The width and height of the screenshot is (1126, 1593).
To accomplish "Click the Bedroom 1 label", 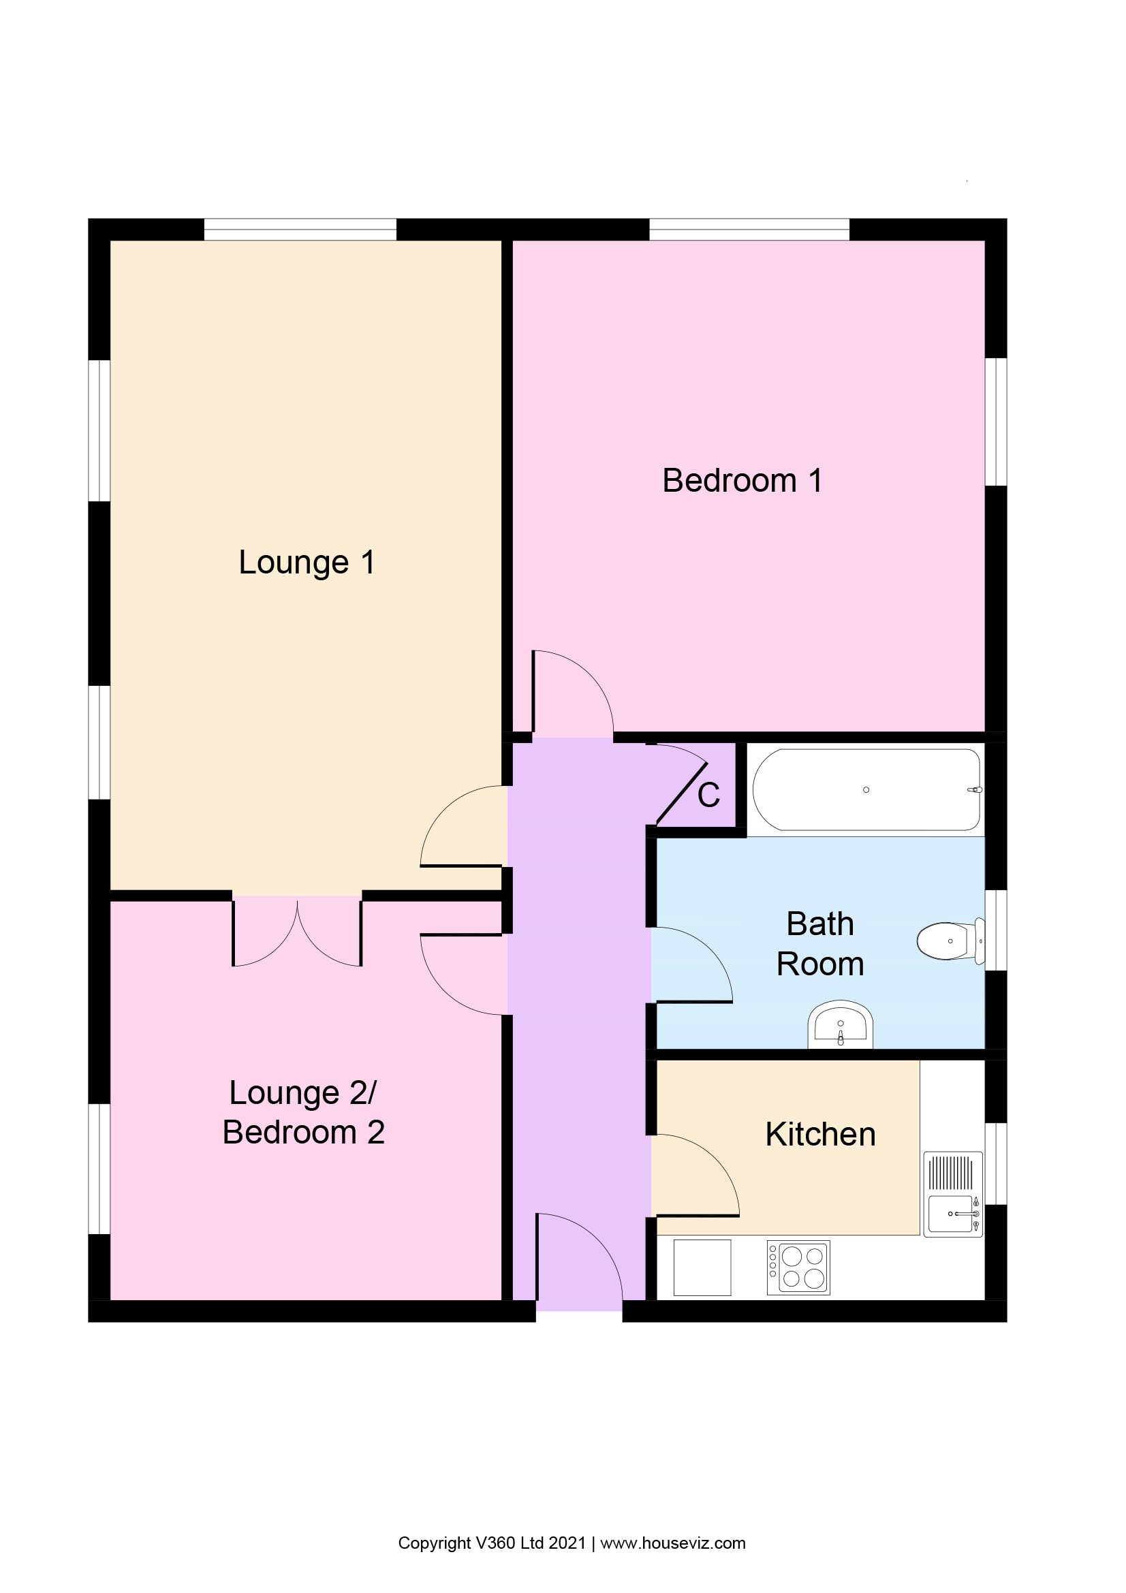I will (x=742, y=481).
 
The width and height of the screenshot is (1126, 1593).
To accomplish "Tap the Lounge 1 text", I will (x=307, y=562).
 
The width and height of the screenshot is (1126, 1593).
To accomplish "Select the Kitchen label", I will (x=820, y=1135).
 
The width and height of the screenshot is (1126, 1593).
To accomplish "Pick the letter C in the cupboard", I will (x=708, y=795).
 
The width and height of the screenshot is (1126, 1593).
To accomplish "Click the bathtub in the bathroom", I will (x=866, y=789).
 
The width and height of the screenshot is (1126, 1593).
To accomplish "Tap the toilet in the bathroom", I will (x=950, y=941).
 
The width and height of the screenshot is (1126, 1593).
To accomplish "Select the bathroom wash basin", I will (x=840, y=1026).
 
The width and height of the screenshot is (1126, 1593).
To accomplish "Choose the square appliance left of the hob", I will (x=702, y=1267).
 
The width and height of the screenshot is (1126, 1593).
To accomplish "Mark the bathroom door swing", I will (x=689, y=966).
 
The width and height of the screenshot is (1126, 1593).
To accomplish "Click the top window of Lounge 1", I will (x=300, y=229).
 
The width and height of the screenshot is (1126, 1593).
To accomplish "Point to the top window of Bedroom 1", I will (x=749, y=229).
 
